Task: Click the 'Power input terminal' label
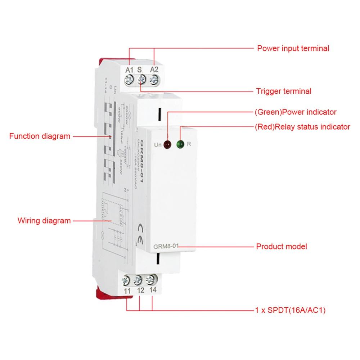point(293,48)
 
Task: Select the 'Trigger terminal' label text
point(283,91)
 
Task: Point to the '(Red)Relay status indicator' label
point(302,127)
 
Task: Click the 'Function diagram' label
point(40,136)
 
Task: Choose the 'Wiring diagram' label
point(44,221)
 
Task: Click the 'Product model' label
point(281,247)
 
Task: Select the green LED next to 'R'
point(180,145)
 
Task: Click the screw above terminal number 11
point(126,278)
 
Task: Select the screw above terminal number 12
point(138,279)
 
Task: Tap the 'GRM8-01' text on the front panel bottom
point(164,247)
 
